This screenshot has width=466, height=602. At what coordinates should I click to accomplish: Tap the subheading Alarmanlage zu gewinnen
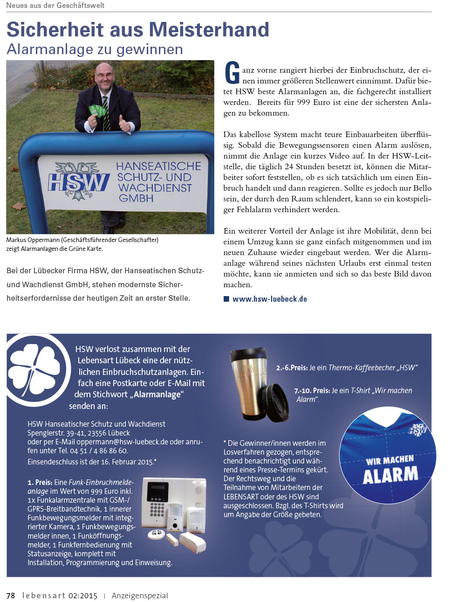pos(95,49)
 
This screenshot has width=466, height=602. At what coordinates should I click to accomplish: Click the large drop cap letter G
pos(232,74)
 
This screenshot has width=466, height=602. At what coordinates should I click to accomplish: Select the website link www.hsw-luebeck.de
pos(269,299)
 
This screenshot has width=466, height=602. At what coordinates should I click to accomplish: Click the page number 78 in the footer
pos(11,595)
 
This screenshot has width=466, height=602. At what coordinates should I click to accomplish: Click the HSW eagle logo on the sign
pos(78,181)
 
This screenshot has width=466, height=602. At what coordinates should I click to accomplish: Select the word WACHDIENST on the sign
pos(155,188)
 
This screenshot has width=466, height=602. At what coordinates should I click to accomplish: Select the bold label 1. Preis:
pos(40,482)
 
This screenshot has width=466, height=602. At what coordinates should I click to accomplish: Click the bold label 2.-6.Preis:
pos(292,367)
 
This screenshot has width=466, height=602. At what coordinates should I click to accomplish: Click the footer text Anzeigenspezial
pos(140,595)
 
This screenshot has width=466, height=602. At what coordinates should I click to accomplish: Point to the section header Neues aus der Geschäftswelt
pos(55,6)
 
